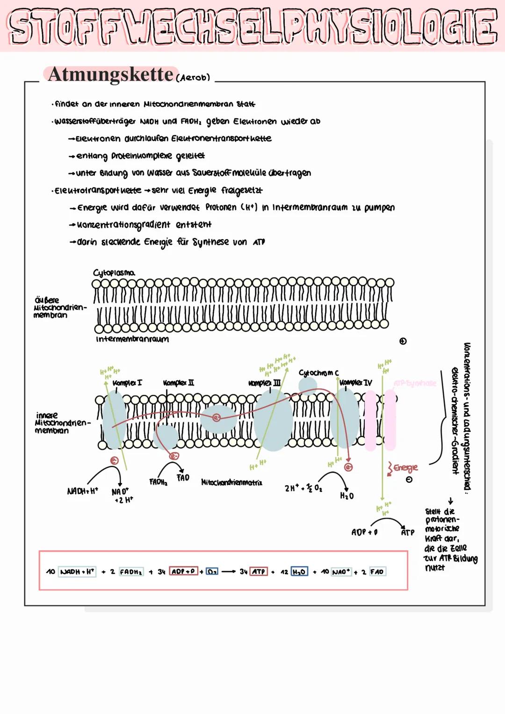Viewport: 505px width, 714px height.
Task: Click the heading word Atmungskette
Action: (110, 74)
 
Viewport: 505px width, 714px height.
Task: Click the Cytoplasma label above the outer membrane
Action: (114, 272)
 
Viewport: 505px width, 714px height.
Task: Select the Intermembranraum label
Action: (132, 339)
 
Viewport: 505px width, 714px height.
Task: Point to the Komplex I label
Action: (127, 383)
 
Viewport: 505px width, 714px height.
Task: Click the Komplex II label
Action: (179, 383)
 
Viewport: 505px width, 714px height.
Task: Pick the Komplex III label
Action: (265, 383)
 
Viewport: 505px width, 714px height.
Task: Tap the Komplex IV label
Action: (356, 383)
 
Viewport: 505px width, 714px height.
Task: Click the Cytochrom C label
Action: (318, 372)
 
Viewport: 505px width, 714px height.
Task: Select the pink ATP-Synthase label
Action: (415, 383)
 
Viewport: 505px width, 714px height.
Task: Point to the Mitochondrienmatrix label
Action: (231, 482)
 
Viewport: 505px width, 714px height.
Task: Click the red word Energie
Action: (405, 467)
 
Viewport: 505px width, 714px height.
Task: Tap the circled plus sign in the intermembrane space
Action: (403, 341)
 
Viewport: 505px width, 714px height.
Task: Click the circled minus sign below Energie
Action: (409, 480)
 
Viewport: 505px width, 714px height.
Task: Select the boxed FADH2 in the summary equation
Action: (131, 572)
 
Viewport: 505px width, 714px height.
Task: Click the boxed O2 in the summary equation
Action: (212, 572)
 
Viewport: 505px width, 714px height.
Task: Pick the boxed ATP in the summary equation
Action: (259, 572)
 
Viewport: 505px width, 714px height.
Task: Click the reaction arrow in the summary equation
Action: (229, 572)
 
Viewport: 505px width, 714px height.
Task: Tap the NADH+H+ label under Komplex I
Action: (82, 491)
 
